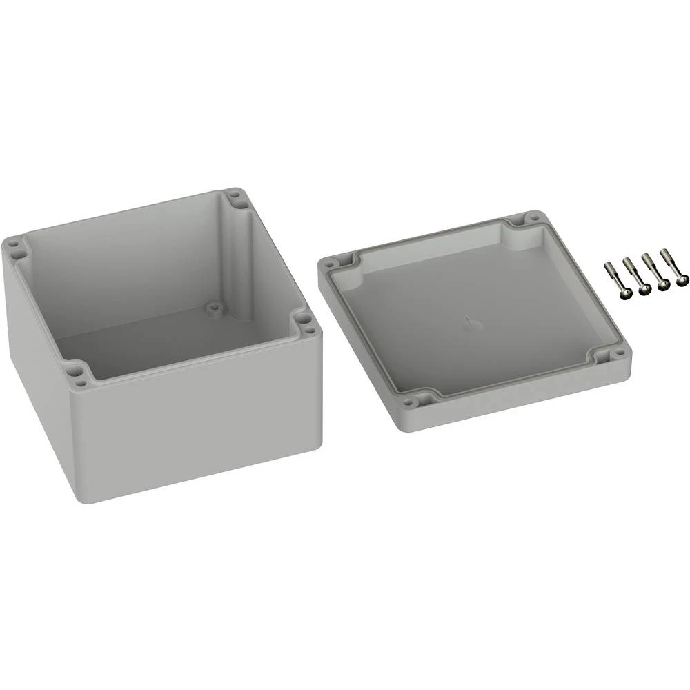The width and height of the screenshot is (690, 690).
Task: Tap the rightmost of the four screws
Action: click(x=683, y=280)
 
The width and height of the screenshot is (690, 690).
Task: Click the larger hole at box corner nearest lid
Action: click(x=304, y=319)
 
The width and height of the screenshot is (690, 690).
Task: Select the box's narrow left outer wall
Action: click(x=34, y=359)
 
